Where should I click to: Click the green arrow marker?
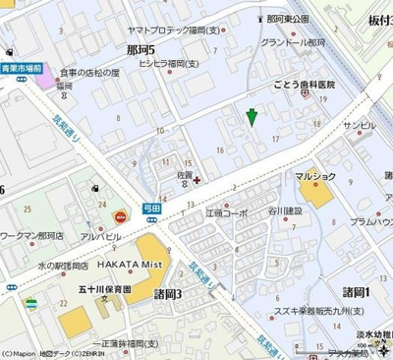[x=253, y=116]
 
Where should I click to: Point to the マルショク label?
[x=316, y=176]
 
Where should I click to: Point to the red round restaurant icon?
[x=121, y=216]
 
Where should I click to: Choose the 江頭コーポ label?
[x=226, y=212]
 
